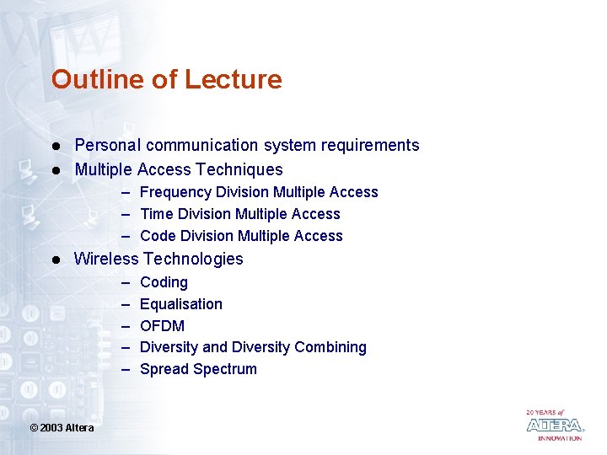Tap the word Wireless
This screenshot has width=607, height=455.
[106, 259]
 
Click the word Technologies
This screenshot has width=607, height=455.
[193, 259]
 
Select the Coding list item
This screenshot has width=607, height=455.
[164, 282]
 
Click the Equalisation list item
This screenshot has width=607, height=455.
[181, 304]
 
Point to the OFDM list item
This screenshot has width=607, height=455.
[162, 326]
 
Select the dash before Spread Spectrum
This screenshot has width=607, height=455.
[126, 369]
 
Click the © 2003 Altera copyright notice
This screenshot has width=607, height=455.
[62, 428]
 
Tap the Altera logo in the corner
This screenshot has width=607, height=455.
[554, 425]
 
